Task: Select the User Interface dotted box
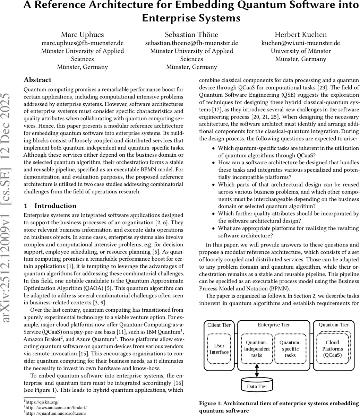pos(219,349)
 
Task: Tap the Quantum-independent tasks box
pos(257,349)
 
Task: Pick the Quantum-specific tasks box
pos(290,349)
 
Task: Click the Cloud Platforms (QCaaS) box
pos(332,349)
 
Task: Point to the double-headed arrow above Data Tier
pos(257,371)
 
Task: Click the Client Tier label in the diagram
pos(219,325)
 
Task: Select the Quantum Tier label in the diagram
pos(333,325)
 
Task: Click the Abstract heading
pos(37,80)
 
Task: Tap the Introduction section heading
pos(55,206)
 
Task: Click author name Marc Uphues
pos(82,34)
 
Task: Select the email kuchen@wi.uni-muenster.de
pos(300,43)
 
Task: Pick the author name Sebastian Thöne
pos(191,34)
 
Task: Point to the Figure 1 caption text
pos(279,407)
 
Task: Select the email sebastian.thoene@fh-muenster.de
pos(191,43)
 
